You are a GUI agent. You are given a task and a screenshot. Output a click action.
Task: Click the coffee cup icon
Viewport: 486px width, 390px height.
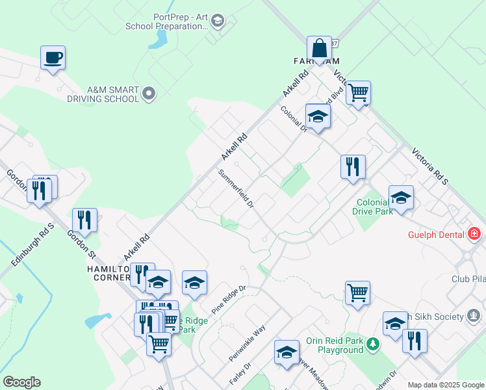click(53, 58)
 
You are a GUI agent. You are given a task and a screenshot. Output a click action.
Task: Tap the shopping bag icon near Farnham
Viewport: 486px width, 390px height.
click(319, 48)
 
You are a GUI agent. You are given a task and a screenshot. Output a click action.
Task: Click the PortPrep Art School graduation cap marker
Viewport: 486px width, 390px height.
click(218, 22)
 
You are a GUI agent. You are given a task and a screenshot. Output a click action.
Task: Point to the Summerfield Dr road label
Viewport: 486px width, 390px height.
click(235, 188)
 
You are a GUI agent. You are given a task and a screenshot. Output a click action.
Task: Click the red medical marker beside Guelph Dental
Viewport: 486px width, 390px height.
click(474, 234)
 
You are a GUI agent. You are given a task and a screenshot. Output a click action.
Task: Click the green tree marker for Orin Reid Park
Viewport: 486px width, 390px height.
click(372, 343)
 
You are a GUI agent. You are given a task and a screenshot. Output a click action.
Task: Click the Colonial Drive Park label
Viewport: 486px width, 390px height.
click(373, 206)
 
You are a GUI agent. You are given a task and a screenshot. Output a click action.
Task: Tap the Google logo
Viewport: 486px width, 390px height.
click(21, 382)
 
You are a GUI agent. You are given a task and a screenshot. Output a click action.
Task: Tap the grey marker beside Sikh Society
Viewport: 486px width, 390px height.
click(475, 317)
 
